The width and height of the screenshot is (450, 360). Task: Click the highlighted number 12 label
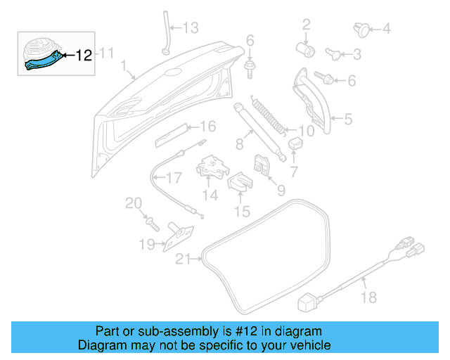click(x=84, y=55)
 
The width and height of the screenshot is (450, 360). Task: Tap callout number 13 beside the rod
click(x=191, y=28)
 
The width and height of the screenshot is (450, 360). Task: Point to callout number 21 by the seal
click(x=183, y=259)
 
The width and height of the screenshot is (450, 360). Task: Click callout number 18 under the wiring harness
click(x=369, y=298)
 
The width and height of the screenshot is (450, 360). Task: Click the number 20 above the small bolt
click(x=134, y=204)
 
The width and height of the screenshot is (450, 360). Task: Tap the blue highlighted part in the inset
click(x=42, y=62)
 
